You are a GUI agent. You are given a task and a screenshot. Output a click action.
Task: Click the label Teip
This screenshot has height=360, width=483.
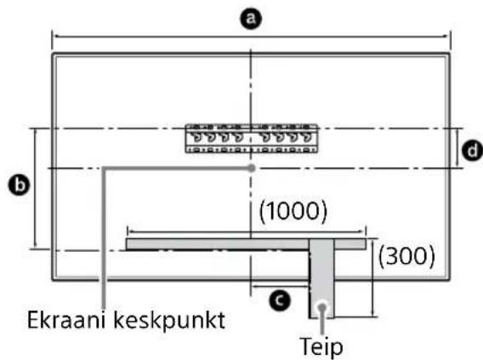325,347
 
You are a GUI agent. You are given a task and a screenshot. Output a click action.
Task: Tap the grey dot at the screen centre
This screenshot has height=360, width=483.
251,169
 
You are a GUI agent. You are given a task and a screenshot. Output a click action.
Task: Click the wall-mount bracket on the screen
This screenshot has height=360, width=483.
251,139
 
